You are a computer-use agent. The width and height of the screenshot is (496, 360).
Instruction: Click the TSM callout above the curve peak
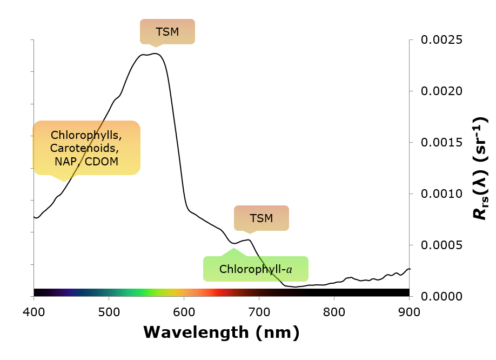167,31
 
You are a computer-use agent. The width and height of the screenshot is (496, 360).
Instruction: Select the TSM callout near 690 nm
262,218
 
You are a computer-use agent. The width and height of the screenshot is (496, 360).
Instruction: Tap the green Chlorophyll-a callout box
256,269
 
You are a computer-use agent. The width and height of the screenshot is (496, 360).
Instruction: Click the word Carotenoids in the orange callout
84,148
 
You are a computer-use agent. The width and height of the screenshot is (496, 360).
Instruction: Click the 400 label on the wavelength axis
34,312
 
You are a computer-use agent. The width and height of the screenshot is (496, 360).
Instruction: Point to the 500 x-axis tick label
109,312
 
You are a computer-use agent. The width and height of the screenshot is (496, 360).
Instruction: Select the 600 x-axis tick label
184,312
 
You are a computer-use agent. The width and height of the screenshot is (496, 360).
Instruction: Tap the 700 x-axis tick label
259,312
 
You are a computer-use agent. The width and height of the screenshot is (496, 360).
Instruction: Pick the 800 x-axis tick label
334,312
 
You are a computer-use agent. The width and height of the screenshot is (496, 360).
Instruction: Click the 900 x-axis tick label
409,312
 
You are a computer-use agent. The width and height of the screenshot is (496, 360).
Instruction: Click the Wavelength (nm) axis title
221,332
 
